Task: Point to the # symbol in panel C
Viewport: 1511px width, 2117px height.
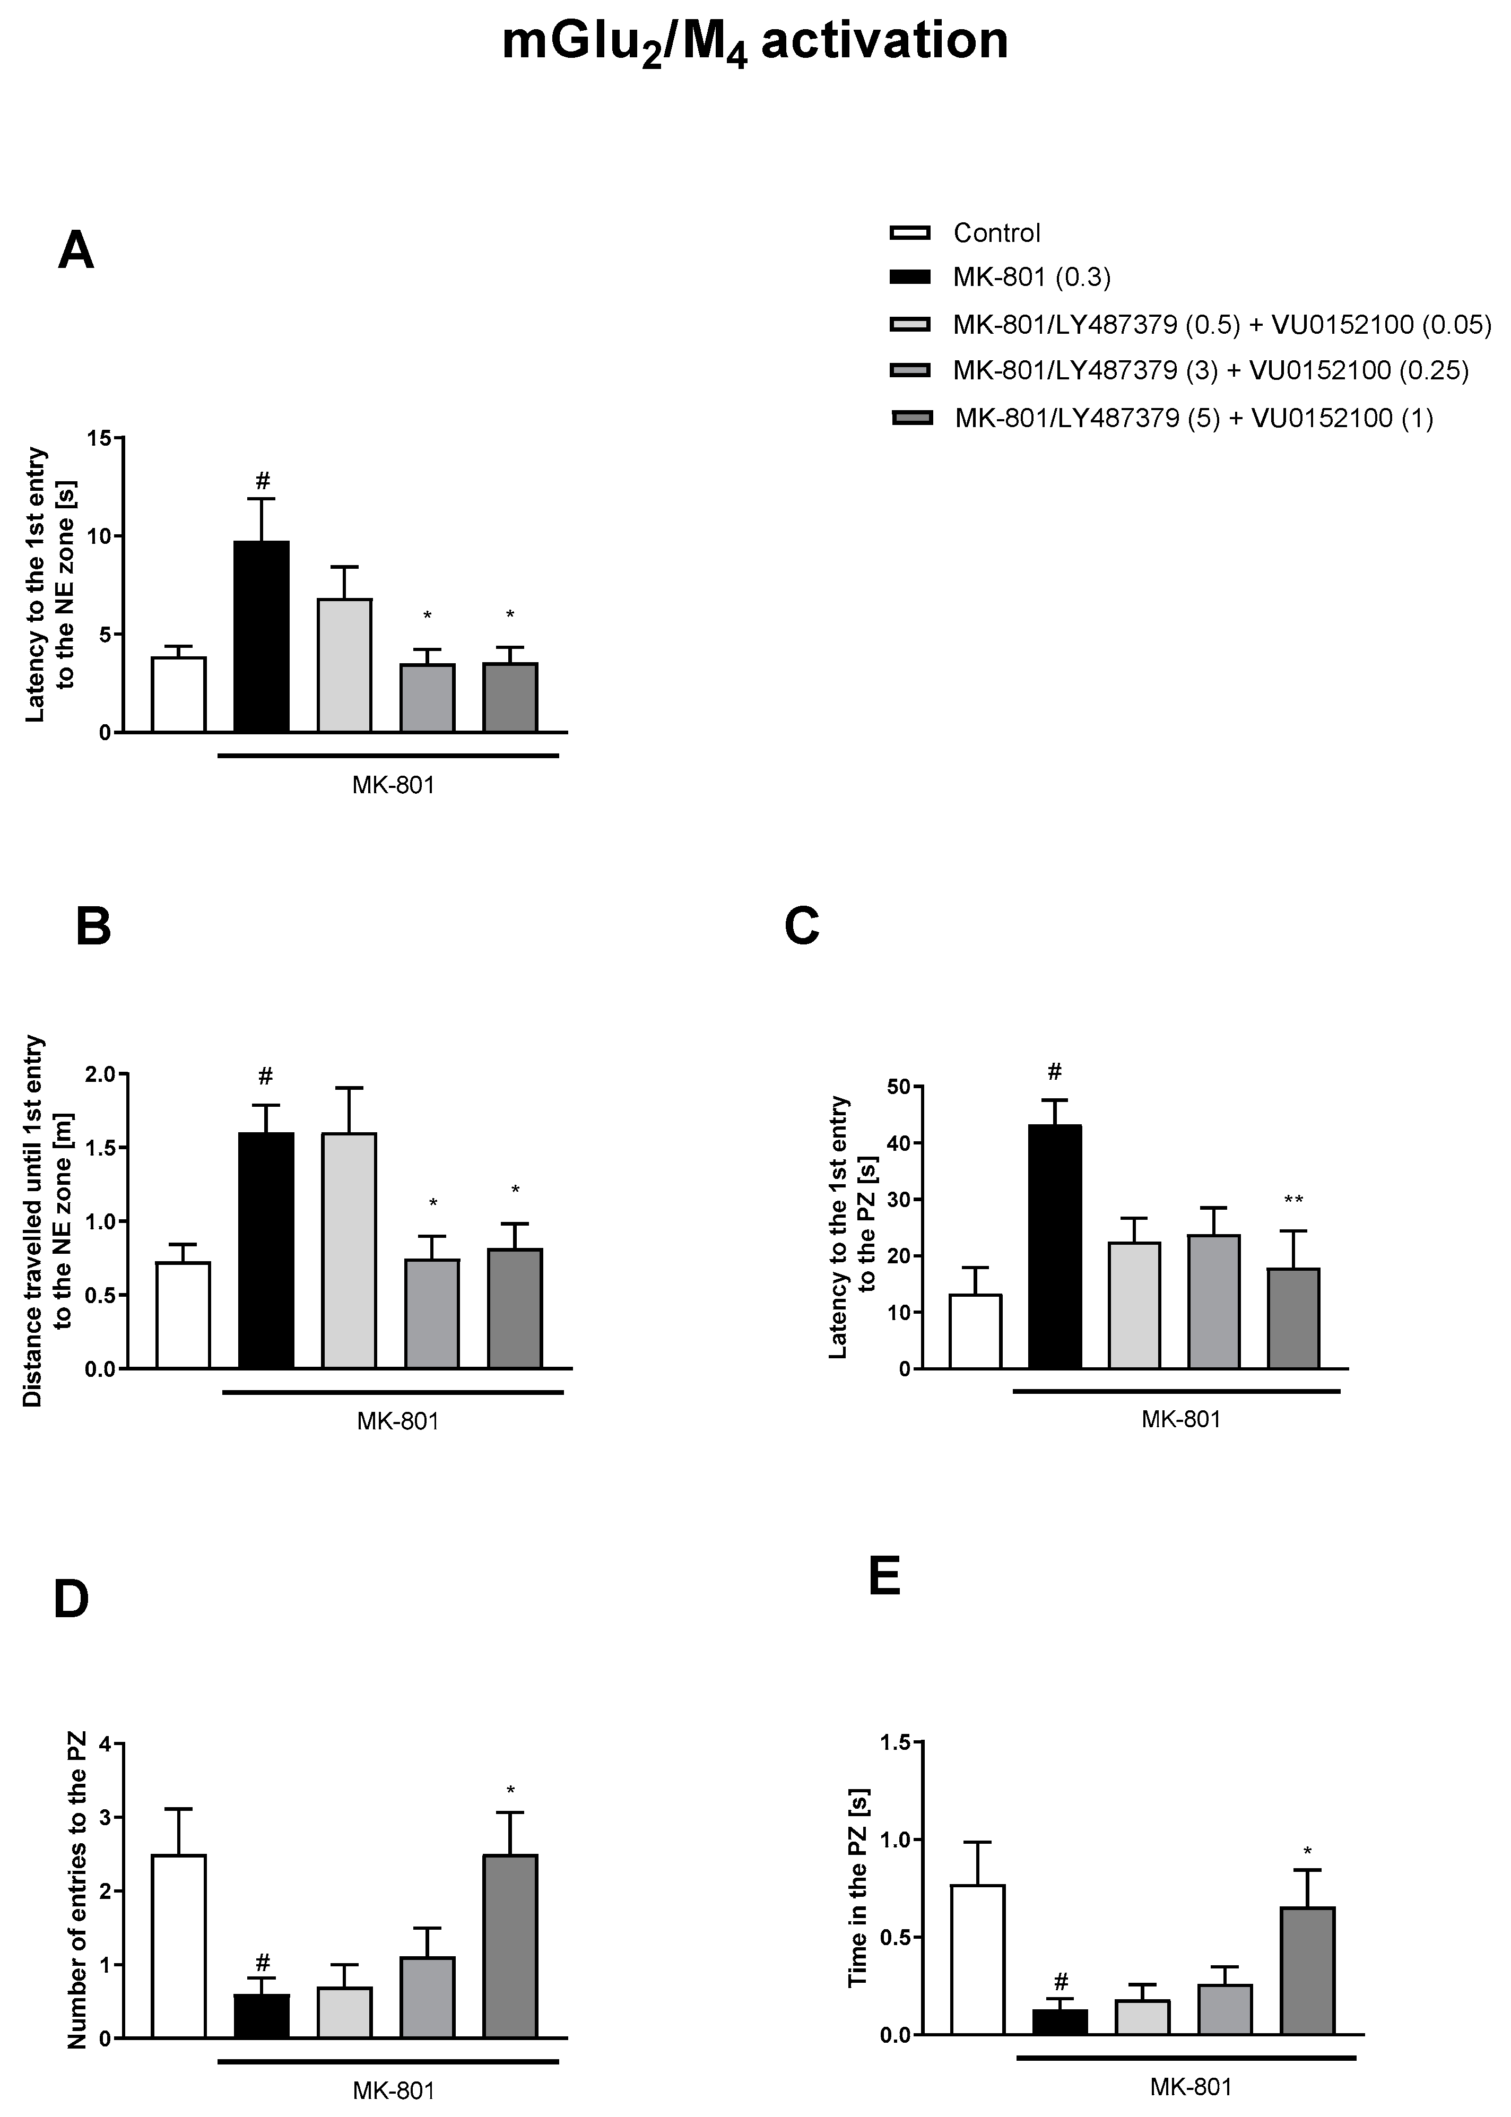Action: [x=1054, y=1072]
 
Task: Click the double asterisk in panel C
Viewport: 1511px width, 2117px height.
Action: [x=1293, y=1200]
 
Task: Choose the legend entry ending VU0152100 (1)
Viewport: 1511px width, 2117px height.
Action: [x=1194, y=418]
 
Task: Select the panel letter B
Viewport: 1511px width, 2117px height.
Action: [x=93, y=928]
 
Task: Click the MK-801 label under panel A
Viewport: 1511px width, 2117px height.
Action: [x=393, y=784]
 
